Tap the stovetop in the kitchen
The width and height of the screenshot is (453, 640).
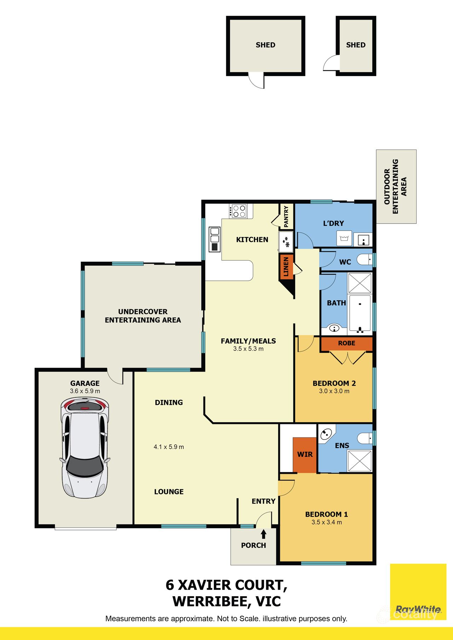click(x=238, y=211)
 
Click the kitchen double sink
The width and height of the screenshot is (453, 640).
click(x=214, y=239)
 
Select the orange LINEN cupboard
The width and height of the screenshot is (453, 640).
click(x=286, y=267)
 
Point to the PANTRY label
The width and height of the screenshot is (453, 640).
click(x=286, y=216)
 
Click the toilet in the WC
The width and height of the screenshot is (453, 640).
click(x=365, y=260)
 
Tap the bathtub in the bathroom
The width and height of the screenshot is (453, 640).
click(x=360, y=313)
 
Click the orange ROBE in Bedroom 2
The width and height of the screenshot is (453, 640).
click(x=346, y=344)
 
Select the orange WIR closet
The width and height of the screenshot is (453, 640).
click(x=305, y=455)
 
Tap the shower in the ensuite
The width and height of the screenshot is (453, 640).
click(x=360, y=461)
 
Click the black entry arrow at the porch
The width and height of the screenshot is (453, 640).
click(x=263, y=534)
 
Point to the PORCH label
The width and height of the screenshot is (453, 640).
click(x=253, y=545)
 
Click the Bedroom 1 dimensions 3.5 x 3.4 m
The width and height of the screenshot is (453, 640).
click(x=327, y=522)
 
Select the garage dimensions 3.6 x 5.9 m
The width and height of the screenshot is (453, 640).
click(x=85, y=391)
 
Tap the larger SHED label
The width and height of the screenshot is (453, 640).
click(x=265, y=45)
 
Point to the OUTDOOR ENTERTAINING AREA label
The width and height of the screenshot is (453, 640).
click(x=396, y=186)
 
